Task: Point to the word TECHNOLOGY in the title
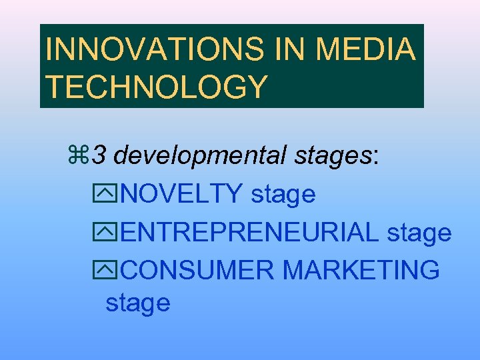point(156,87)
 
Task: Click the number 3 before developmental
point(99,156)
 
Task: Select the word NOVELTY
point(183,195)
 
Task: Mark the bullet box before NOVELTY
point(113,195)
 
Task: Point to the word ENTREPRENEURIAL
point(250,233)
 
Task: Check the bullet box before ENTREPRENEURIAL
point(113,233)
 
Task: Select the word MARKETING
point(361,271)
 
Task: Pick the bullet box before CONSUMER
point(113,271)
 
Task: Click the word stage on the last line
point(138,304)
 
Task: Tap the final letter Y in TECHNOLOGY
point(257,87)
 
